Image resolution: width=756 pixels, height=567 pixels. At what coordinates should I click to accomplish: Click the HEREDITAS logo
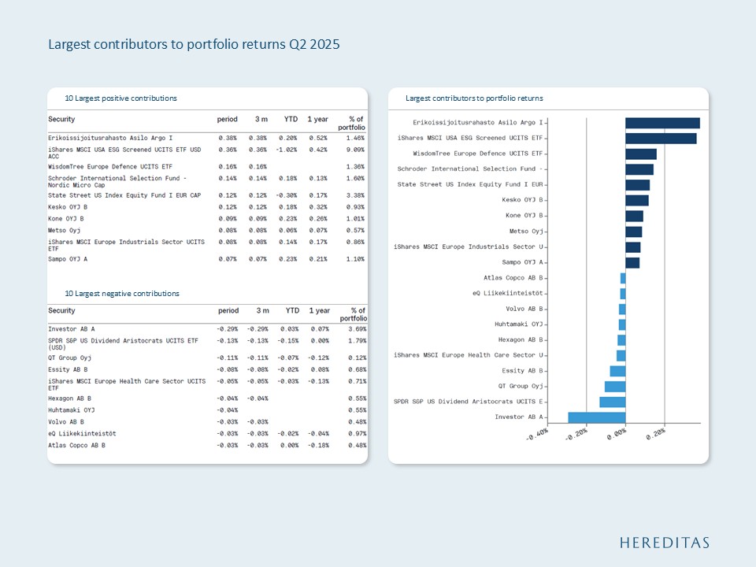(x=664, y=543)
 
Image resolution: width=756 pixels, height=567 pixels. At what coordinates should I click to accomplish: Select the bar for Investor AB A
(x=596, y=417)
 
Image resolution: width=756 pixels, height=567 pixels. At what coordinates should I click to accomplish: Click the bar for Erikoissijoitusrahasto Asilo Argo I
(x=662, y=123)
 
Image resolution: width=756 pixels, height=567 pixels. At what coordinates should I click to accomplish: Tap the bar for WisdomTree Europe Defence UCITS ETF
(x=640, y=154)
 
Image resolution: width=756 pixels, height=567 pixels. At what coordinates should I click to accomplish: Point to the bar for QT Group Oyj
(x=614, y=387)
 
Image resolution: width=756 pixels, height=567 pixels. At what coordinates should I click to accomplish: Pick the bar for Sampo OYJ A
(x=632, y=262)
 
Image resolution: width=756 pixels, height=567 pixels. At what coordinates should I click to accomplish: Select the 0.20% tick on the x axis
(x=656, y=433)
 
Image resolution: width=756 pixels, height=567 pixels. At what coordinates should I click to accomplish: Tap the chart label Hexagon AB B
(x=521, y=339)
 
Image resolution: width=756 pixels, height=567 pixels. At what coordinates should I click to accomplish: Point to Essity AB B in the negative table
(x=68, y=369)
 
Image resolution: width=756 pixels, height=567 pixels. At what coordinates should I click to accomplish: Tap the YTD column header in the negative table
(x=291, y=311)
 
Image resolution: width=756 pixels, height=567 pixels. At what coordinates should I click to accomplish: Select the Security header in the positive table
(x=61, y=119)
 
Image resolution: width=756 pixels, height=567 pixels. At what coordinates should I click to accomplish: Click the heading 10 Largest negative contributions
(x=122, y=294)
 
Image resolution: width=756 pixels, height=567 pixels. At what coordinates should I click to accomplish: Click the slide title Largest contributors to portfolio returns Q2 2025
(x=194, y=45)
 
